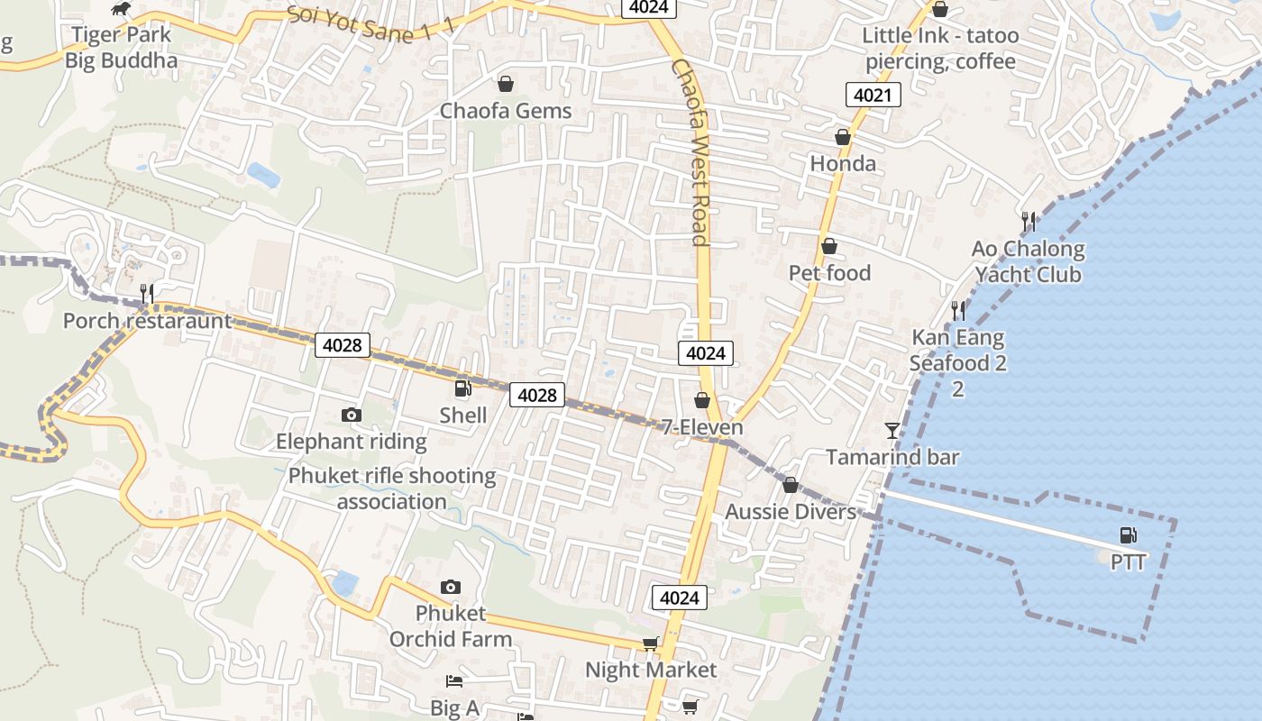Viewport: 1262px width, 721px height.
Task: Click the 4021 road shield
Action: click(x=873, y=95)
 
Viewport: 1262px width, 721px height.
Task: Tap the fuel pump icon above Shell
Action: click(x=462, y=388)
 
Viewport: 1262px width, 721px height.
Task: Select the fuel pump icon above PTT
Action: click(x=1128, y=535)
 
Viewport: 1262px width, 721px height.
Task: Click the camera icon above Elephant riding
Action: click(x=352, y=415)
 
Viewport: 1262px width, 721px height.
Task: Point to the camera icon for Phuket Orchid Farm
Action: click(x=451, y=587)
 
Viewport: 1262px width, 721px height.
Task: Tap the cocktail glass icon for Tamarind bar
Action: click(x=892, y=430)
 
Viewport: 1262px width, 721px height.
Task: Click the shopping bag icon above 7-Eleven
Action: click(x=702, y=399)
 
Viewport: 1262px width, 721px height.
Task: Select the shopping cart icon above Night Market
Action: click(x=650, y=643)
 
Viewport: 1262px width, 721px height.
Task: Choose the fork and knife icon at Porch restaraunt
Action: click(x=147, y=293)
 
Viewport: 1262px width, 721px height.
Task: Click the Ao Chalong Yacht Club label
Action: click(x=1028, y=261)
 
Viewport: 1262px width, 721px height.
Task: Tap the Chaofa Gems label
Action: click(x=506, y=111)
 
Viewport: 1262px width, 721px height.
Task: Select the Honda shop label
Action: click(x=843, y=163)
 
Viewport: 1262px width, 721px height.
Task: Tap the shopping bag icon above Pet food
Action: click(x=829, y=246)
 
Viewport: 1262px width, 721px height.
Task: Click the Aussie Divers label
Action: click(x=791, y=512)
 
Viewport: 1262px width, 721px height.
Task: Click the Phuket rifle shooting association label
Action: click(x=392, y=488)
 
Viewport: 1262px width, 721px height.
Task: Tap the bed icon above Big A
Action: click(x=454, y=681)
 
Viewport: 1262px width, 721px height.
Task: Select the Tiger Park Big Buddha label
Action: click(x=121, y=48)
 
